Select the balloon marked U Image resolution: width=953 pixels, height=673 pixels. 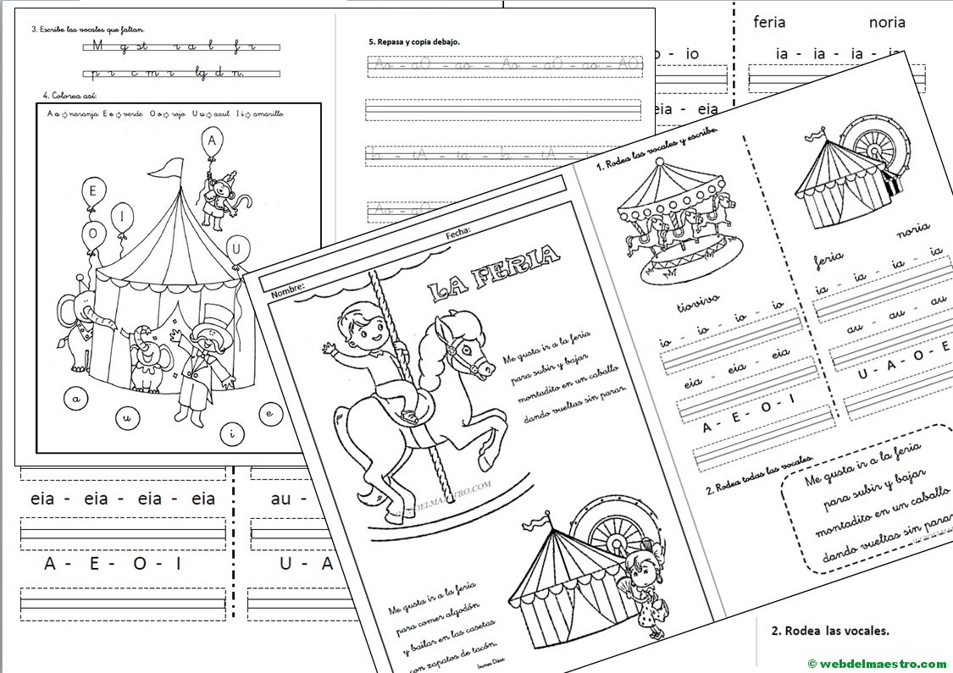point(241,249)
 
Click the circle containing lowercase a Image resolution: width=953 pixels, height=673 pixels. point(76,398)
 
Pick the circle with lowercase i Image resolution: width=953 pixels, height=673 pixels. point(234,434)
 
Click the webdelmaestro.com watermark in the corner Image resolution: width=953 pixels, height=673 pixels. point(876,663)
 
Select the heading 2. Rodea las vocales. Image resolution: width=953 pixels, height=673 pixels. point(830,631)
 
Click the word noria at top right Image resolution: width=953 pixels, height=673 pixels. point(887,23)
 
